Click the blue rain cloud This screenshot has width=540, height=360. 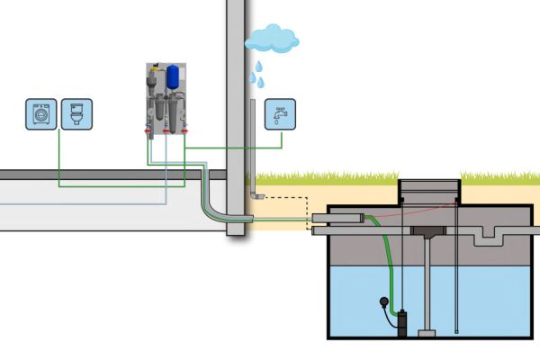[x=272, y=38]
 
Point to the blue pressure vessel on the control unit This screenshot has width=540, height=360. [x=173, y=76]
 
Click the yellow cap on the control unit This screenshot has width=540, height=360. [x=156, y=68]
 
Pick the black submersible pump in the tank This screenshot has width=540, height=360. [x=403, y=319]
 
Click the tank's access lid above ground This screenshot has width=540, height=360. [x=429, y=185]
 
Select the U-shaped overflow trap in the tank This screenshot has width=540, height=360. [x=490, y=237]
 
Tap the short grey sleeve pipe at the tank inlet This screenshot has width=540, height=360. [x=347, y=219]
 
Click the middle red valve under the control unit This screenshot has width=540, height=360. [x=166, y=131]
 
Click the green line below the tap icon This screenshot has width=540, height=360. [x=282, y=140]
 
